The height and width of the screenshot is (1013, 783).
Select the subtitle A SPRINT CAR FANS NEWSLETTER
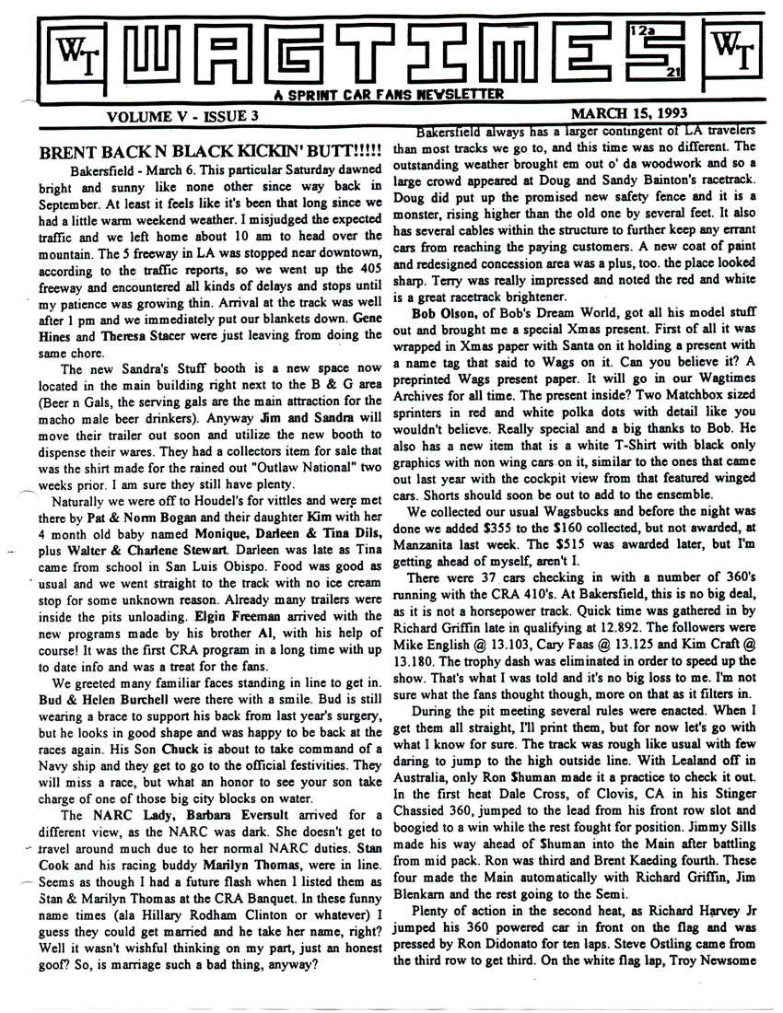tap(391, 94)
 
